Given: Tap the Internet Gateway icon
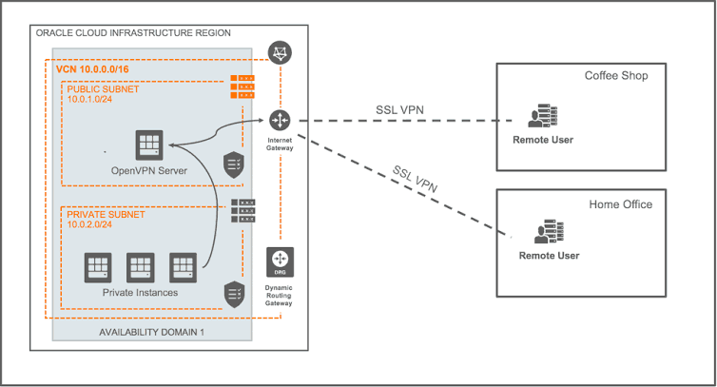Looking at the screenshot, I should (x=280, y=120).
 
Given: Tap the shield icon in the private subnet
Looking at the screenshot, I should (x=235, y=293).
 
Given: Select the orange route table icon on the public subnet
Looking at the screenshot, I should (x=242, y=87).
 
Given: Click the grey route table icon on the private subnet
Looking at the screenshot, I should (x=242, y=211).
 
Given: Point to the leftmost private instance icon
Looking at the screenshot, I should (x=97, y=266).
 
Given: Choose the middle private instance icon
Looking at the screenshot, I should (x=140, y=266).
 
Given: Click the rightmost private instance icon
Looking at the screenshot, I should (x=183, y=266).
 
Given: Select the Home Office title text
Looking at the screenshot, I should (x=620, y=203).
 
